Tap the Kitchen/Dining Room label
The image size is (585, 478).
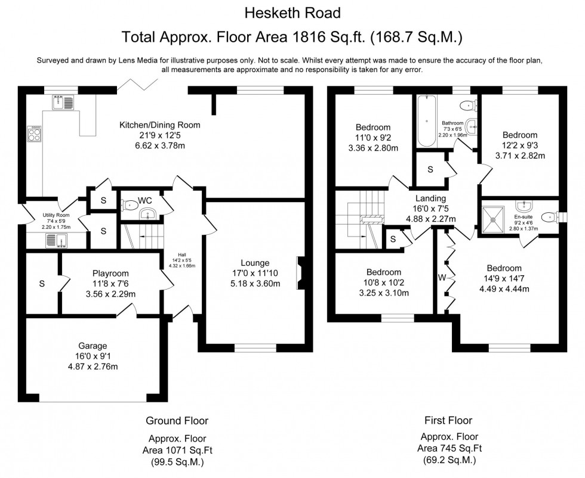tap(160, 125)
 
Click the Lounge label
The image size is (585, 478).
tap(255, 263)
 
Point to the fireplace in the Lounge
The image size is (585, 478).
tap(301, 273)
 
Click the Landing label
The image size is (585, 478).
tap(430, 198)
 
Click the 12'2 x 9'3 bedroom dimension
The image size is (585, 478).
tap(519, 145)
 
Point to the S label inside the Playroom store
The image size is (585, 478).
tap(42, 284)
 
